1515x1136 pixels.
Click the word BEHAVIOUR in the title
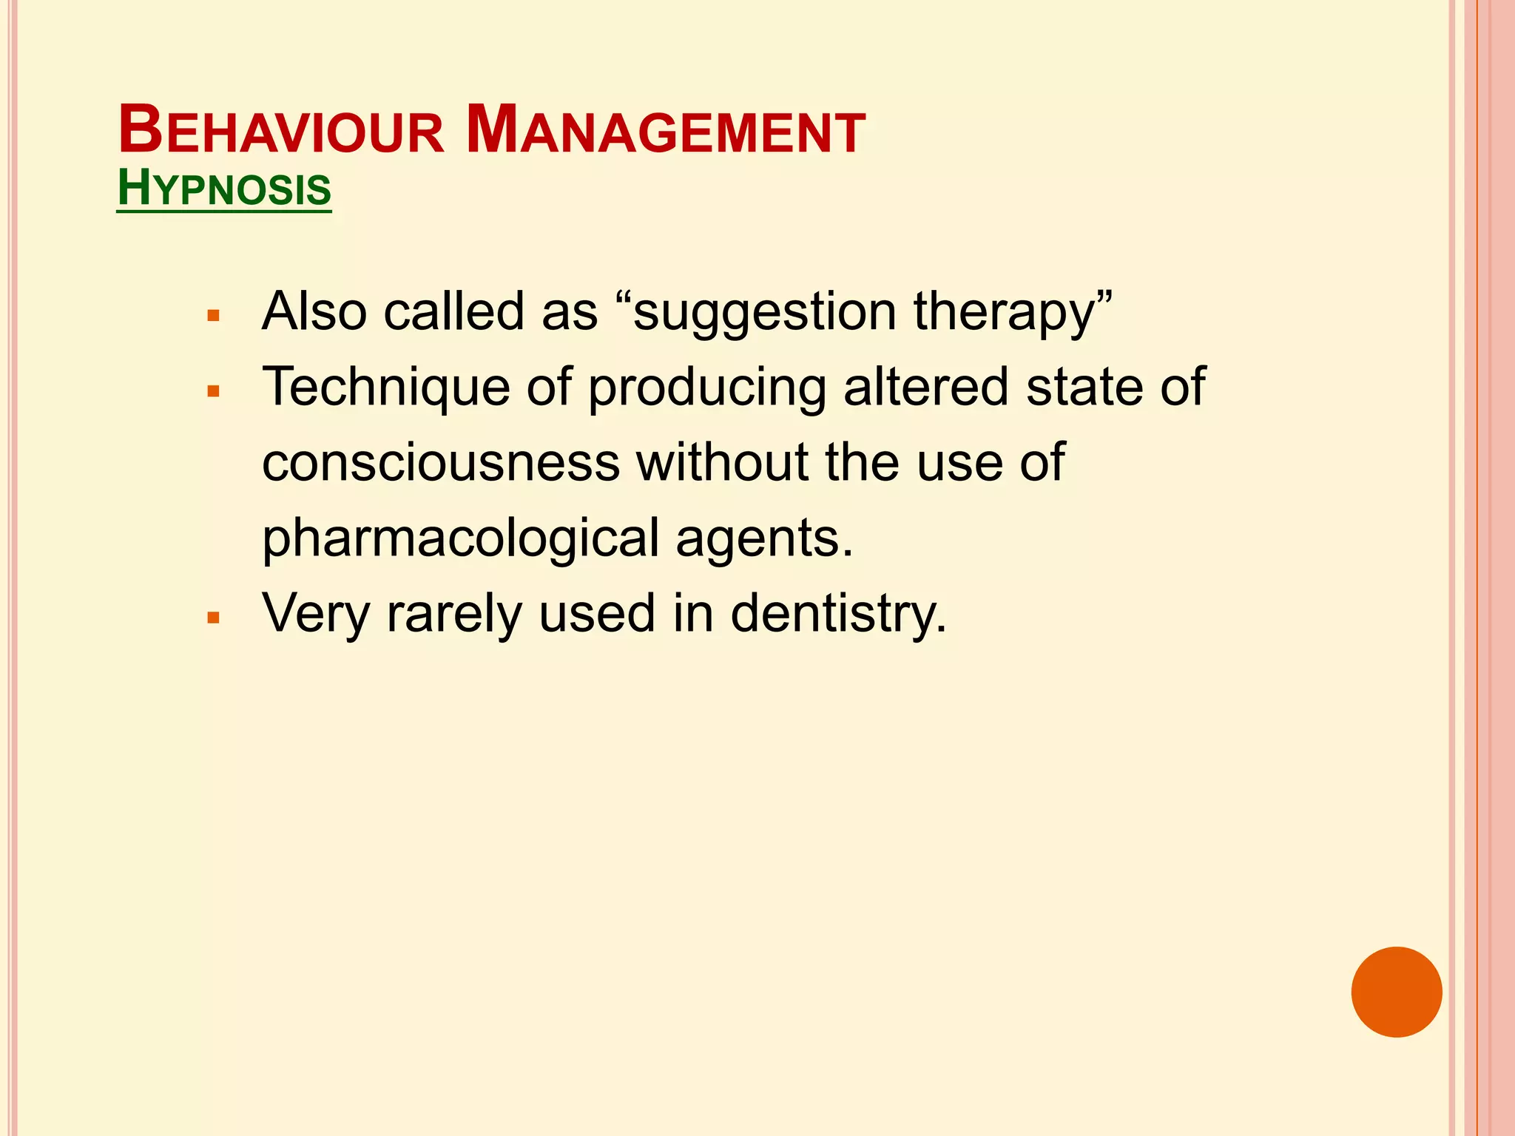pos(281,132)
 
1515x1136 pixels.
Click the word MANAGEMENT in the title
pos(666,132)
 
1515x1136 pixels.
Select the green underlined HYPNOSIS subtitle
pos(224,189)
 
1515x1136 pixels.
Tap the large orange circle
pos(1396,992)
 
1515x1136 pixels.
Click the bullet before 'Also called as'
pos(214,316)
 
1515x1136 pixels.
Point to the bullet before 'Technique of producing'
pos(214,391)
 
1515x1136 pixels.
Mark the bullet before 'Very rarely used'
pos(214,618)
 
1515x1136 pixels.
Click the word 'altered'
pos(925,388)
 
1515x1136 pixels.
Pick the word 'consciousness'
pos(441,463)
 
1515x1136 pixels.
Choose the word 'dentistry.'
pos(838,614)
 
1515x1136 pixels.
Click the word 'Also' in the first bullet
pos(314,312)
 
